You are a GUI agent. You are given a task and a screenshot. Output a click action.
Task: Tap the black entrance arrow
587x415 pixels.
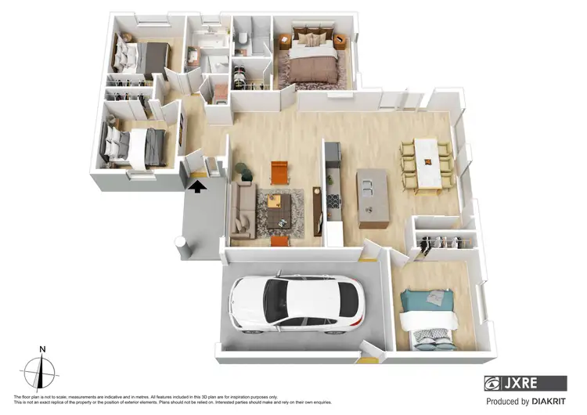pyautogui.click(x=196, y=186)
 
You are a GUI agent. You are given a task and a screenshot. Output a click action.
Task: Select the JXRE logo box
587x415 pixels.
pyautogui.click(x=525, y=383)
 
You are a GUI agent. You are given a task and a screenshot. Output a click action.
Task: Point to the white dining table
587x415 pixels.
pyautogui.click(x=427, y=162)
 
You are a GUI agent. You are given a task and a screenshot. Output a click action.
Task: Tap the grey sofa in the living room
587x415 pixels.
pyautogui.click(x=241, y=210)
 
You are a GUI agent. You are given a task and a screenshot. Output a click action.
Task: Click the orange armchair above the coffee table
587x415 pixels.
pyautogui.click(x=279, y=172)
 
